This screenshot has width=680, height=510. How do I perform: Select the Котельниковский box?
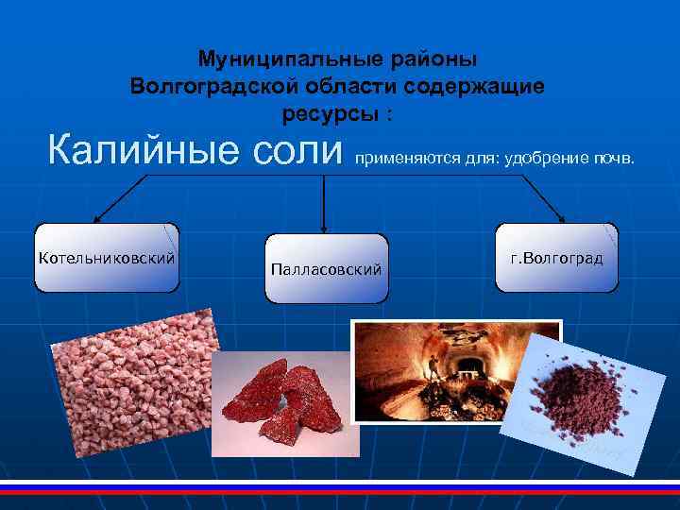[x=106, y=257]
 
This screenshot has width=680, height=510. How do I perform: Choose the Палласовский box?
[x=326, y=269]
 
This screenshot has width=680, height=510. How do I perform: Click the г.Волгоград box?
[x=556, y=257]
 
